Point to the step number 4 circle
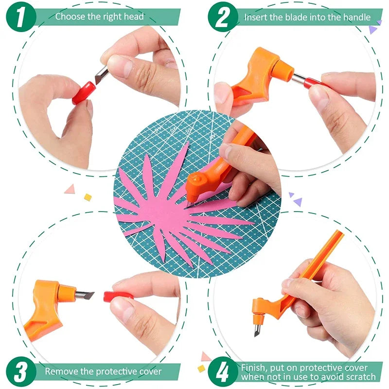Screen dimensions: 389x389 click(x=223, y=372)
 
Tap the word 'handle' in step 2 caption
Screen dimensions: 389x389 click(x=356, y=18)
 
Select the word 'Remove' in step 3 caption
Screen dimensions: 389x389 click(x=61, y=371)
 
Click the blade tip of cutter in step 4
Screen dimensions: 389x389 click(x=256, y=332)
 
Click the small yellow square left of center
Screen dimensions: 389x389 click(x=88, y=197)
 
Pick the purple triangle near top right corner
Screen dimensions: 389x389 click(x=372, y=30)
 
